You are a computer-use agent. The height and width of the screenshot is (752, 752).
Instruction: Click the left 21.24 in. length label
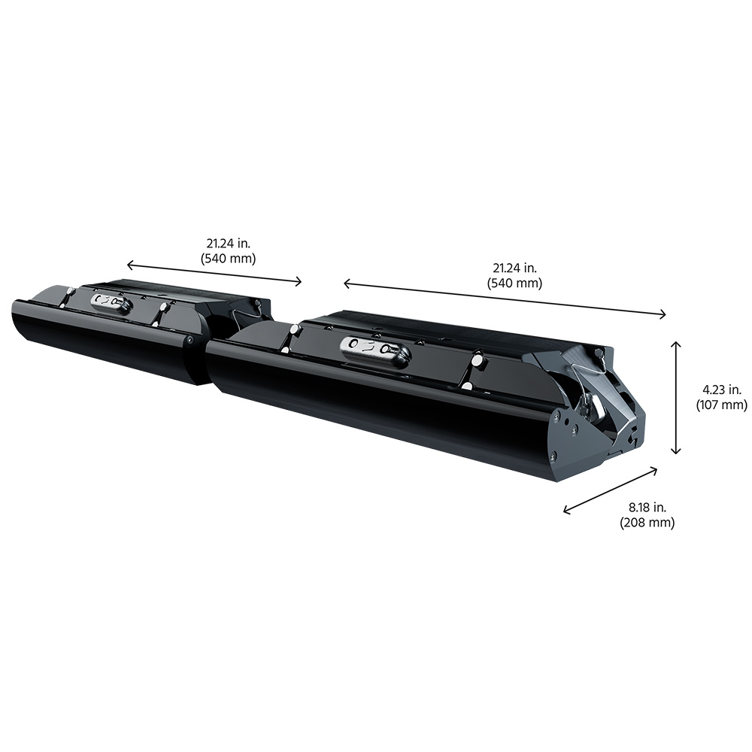coord(229,243)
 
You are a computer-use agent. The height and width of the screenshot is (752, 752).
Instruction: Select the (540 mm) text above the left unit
coord(229,259)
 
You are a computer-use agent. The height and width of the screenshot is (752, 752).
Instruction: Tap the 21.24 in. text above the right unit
coord(514,268)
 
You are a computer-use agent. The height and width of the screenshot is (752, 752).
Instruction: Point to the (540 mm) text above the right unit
coord(514,284)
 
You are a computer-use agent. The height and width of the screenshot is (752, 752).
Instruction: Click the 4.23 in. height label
coord(722,390)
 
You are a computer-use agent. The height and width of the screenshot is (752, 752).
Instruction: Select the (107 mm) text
coord(722,405)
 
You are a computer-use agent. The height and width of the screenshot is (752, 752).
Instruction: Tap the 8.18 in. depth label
coord(647,507)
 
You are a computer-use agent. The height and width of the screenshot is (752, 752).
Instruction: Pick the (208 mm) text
coord(647,523)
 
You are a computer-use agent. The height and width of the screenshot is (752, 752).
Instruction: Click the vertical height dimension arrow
coord(676,397)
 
